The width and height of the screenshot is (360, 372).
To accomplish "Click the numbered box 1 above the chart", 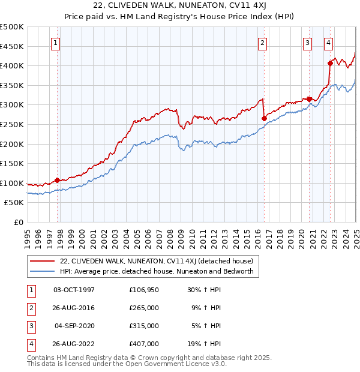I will pyautogui.click(x=55, y=43).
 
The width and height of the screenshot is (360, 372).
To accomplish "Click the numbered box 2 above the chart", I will pyautogui.click(x=262, y=43).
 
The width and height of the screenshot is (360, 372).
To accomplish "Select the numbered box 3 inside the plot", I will pyautogui.click(x=307, y=43).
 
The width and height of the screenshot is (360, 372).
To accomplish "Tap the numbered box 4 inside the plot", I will pyautogui.click(x=329, y=43).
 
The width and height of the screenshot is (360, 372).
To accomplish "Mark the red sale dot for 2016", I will pyautogui.click(x=264, y=119).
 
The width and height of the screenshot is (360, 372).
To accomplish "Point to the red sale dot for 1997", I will pyautogui.click(x=58, y=180).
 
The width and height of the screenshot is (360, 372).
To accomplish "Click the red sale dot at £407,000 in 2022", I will pyautogui.click(x=330, y=63).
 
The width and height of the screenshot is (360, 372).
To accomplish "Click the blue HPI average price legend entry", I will pyautogui.click(x=156, y=272).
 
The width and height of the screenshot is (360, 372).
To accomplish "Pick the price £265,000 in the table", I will pyautogui.click(x=144, y=308).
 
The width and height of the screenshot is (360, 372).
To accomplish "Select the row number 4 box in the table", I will pyautogui.click(x=29, y=344).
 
